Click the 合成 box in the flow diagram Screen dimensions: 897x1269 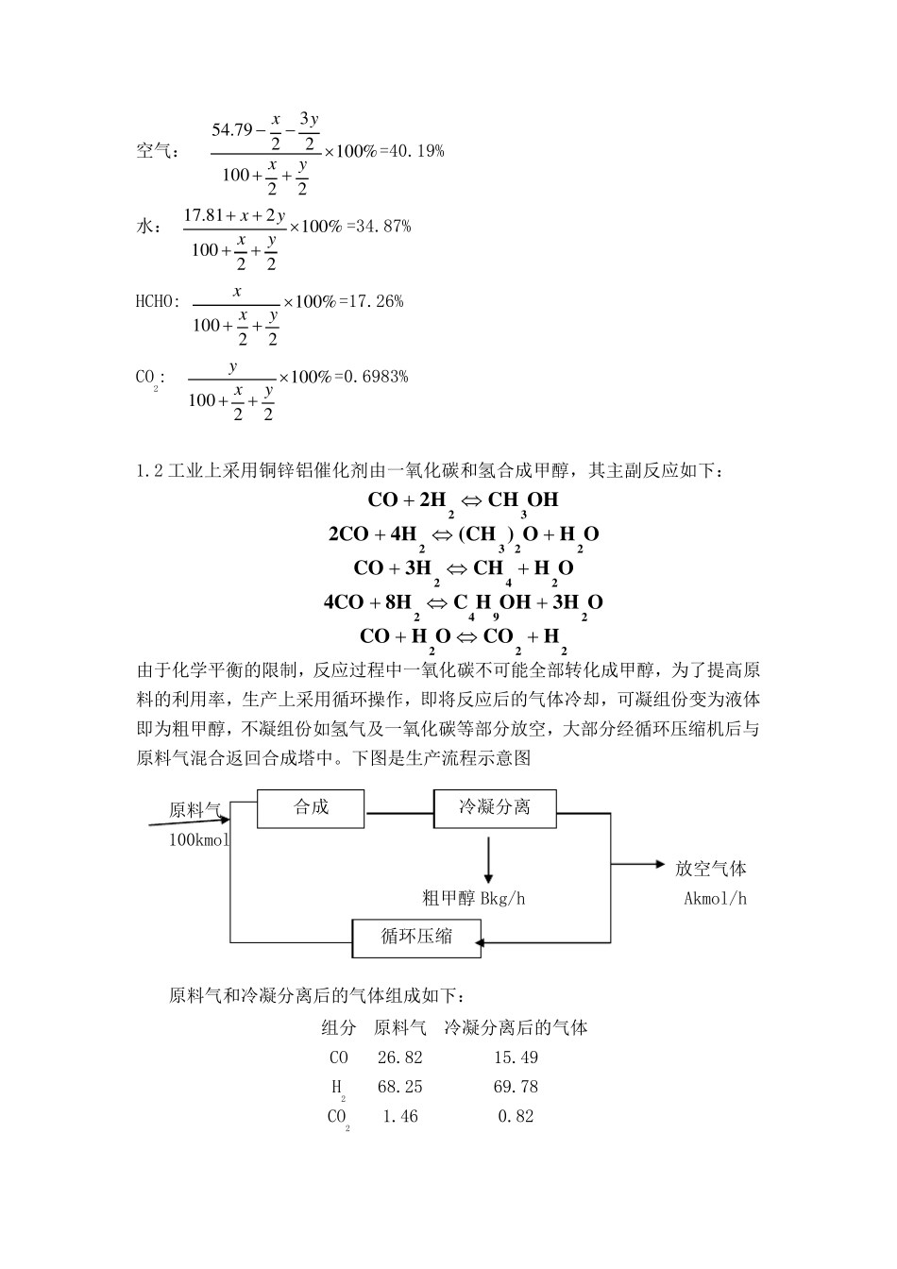click(x=311, y=807)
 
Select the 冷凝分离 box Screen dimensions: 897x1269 click(x=495, y=807)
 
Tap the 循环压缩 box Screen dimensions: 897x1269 click(x=415, y=937)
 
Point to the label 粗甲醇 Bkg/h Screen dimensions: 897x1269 click(x=473, y=898)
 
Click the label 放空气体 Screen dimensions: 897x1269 click(x=711, y=869)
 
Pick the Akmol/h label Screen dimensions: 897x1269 click(x=715, y=898)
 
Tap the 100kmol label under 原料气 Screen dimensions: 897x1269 click(x=199, y=839)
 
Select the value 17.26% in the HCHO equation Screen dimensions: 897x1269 click(x=375, y=301)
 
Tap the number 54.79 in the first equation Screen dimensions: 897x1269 click(x=232, y=129)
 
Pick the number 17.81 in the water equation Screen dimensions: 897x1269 click(x=203, y=216)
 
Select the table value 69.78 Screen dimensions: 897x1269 click(x=516, y=1087)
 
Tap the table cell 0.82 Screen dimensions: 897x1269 click(x=516, y=1116)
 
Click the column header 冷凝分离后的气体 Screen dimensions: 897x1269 click(x=516, y=1027)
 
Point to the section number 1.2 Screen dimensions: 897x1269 click(x=150, y=469)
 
